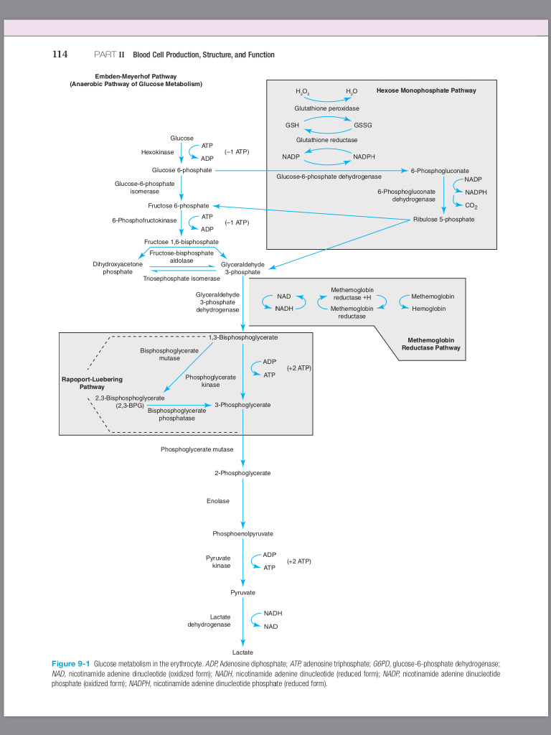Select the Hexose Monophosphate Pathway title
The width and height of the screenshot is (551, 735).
click(425, 90)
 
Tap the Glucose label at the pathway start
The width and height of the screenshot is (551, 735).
click(182, 138)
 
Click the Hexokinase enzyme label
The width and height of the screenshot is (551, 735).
click(157, 152)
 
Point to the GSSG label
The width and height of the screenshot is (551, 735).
click(363, 124)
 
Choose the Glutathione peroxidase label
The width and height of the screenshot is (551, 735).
click(326, 108)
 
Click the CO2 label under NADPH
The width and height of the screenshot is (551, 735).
click(471, 205)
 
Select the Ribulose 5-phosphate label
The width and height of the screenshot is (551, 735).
click(443, 219)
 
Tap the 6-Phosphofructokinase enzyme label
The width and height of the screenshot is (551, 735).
click(144, 220)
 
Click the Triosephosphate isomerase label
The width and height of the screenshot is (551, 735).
click(182, 278)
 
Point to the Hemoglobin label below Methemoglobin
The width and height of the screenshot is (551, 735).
click(429, 309)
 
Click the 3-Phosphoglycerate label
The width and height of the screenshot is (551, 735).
click(242, 405)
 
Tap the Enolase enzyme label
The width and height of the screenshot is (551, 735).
click(218, 501)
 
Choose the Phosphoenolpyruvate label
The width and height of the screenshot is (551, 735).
click(242, 534)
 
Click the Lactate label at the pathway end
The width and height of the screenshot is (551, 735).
click(242, 651)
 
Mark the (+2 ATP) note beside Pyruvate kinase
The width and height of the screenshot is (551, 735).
click(298, 561)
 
